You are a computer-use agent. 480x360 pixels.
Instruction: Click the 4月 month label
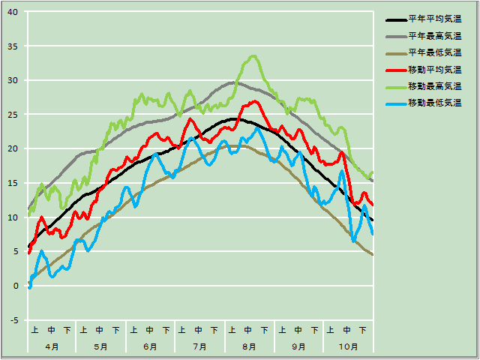coord(52,346)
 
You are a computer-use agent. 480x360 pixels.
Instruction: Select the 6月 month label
coord(150,346)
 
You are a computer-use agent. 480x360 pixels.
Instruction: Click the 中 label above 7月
coord(199,330)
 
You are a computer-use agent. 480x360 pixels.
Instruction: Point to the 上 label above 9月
coord(281,330)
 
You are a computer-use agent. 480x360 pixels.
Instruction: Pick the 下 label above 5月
coord(116,330)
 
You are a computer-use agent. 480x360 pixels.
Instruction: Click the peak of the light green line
coord(253,55)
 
